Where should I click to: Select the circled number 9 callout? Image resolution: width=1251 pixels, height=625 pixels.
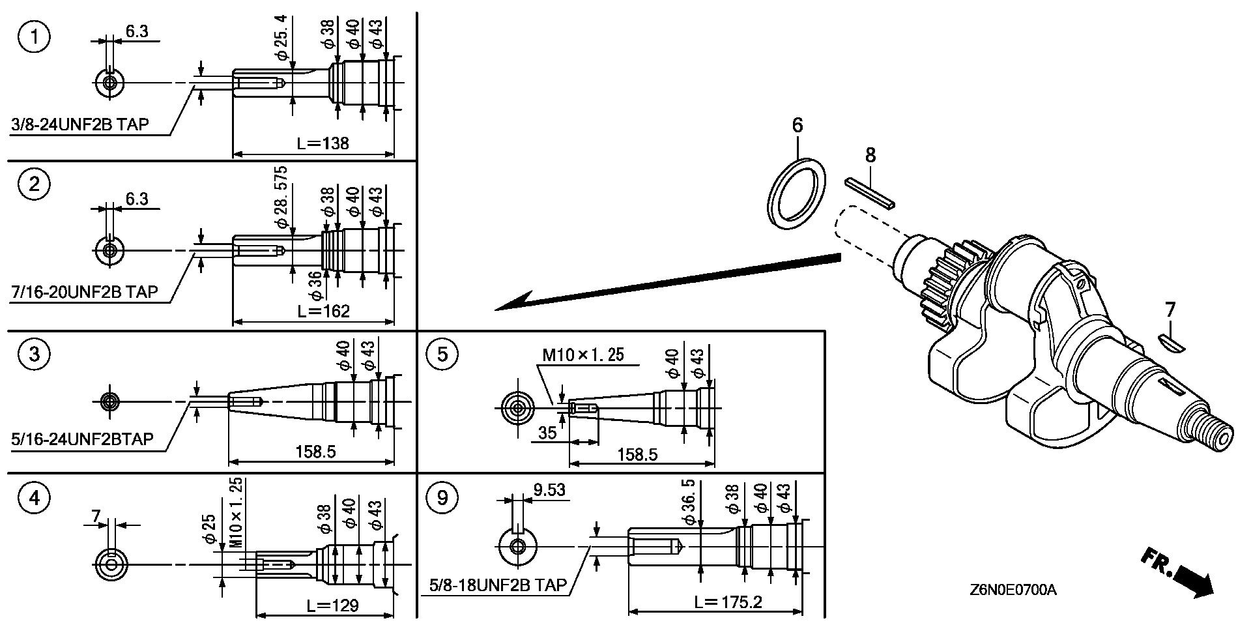pyautogui.click(x=442, y=499)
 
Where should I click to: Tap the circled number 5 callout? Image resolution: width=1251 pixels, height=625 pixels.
pyautogui.click(x=442, y=355)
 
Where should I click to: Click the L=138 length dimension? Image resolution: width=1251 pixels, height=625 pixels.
pyautogui.click(x=323, y=143)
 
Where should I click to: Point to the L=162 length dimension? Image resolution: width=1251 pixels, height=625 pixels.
pyautogui.click(x=323, y=311)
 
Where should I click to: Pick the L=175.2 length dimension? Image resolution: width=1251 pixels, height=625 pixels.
pyautogui.click(x=728, y=602)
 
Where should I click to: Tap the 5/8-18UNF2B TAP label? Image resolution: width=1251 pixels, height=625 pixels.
pyautogui.click(x=498, y=585)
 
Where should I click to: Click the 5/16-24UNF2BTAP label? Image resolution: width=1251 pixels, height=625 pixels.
pyautogui.click(x=83, y=439)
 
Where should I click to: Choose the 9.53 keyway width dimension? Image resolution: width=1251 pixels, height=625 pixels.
pyautogui.click(x=548, y=489)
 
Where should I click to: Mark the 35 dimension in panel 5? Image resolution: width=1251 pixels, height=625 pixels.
pyautogui.click(x=548, y=433)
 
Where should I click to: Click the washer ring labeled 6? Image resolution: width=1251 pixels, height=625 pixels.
pyautogui.click(x=797, y=194)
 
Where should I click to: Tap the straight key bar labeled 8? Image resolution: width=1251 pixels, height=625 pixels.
pyautogui.click(x=870, y=194)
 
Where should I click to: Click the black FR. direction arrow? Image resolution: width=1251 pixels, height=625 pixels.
pyautogui.click(x=1181, y=574)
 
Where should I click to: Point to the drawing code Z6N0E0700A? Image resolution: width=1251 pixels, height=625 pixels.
pyautogui.click(x=1013, y=590)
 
